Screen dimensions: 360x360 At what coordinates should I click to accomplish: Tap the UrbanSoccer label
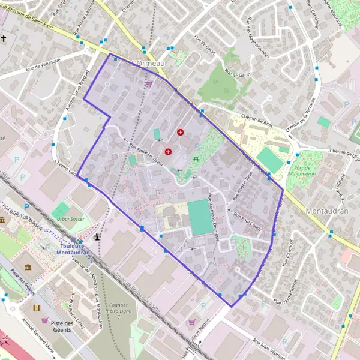[x=68, y=219]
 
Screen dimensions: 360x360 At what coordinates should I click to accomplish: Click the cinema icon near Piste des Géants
[x=38, y=308]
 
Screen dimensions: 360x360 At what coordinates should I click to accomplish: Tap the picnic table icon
[x=196, y=159]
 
